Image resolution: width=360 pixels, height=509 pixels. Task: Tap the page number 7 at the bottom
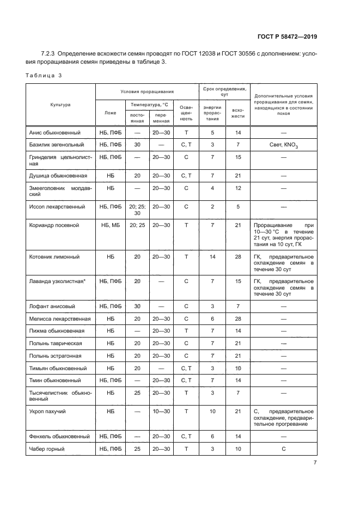pyautogui.click(x=315, y=463)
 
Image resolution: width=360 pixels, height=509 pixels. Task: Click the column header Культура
pyautogui.click(x=61, y=105)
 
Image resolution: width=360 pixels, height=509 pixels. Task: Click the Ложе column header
pyautogui.click(x=111, y=113)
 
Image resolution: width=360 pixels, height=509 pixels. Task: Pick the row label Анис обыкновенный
pyautogui.click(x=54, y=132)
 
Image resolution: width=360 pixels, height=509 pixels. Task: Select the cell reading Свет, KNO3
pyautogui.click(x=283, y=145)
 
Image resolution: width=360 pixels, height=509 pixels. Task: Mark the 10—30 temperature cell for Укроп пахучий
pyautogui.click(x=161, y=412)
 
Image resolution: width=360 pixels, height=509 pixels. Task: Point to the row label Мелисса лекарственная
pyautogui.click(x=59, y=319)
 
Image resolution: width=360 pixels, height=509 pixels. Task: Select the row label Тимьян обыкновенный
pyautogui.click(x=57, y=368)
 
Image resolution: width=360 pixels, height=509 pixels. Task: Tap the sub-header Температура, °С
pyautogui.click(x=149, y=104)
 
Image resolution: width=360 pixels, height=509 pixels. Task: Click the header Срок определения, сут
pyautogui.click(x=224, y=91)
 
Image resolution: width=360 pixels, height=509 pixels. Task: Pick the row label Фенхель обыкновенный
pyautogui.click(x=59, y=437)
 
